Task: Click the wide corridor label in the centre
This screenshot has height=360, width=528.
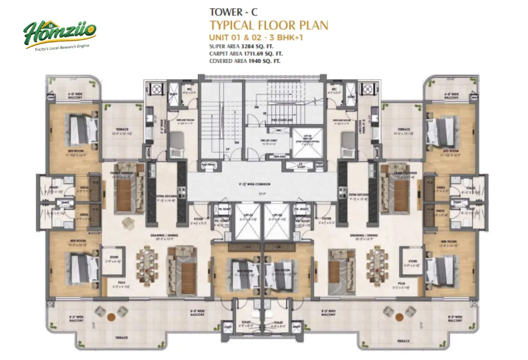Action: click(262, 184)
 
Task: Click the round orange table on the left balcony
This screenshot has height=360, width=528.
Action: click(111, 317)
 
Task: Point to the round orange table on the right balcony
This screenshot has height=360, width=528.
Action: click(399, 317)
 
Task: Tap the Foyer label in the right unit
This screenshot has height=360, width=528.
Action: click(327, 218)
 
